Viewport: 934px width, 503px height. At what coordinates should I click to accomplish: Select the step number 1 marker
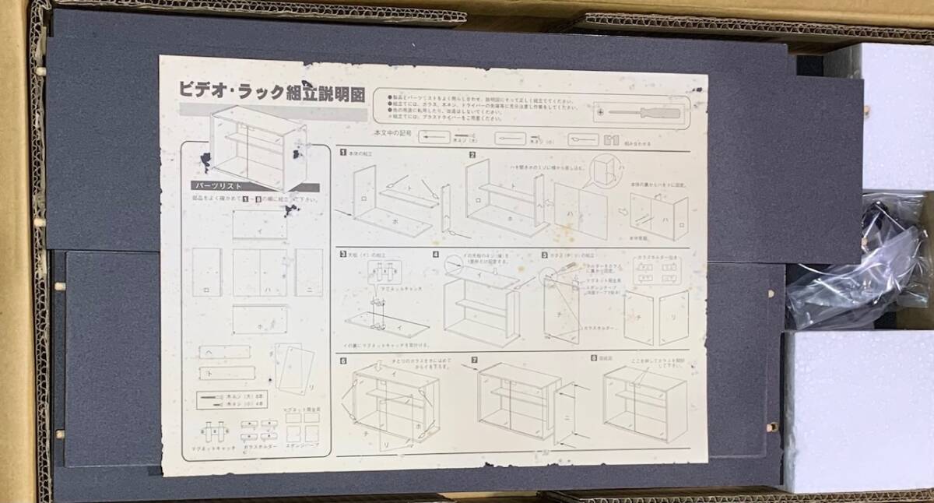tap(343, 153)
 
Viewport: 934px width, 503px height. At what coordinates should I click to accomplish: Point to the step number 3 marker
tap(343, 254)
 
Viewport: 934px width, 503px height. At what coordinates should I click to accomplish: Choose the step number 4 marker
tap(436, 254)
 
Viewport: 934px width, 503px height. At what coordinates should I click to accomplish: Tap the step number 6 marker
tap(343, 361)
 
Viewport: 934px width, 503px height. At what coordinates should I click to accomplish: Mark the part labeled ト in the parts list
tap(226, 373)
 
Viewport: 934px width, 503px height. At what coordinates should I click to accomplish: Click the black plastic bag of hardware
tap(856, 265)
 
